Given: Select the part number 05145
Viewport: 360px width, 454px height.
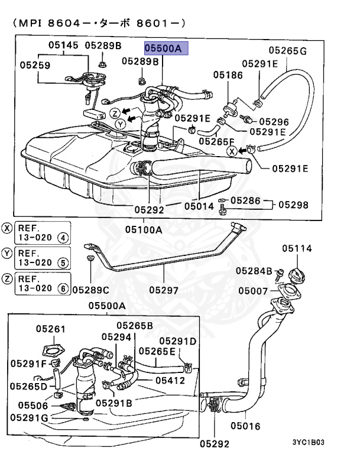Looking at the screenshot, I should (x=63, y=45).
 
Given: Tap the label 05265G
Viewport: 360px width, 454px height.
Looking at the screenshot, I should (x=288, y=51).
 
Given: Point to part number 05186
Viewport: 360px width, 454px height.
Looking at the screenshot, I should (x=228, y=75).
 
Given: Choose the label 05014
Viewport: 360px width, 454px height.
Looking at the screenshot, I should (x=199, y=206).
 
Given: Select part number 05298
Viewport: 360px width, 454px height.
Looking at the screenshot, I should (x=293, y=205).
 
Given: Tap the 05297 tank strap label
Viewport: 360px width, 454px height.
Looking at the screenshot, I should (x=164, y=290).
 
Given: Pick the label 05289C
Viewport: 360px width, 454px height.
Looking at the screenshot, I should (x=91, y=290).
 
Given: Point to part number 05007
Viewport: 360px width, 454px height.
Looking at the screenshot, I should (x=253, y=291).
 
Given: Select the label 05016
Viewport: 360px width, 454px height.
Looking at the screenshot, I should (x=245, y=426).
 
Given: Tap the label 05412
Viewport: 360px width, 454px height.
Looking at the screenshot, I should (x=170, y=380).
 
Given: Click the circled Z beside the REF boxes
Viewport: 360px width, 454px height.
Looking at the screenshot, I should (x=7, y=278).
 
